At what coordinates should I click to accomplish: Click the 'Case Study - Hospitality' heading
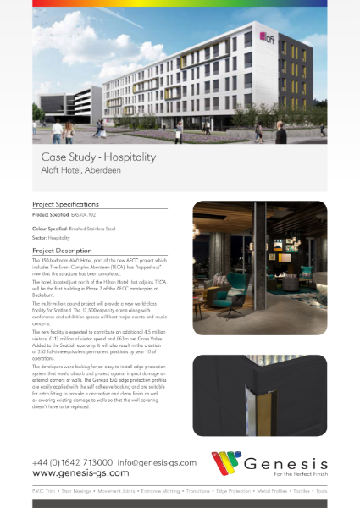point(99,157)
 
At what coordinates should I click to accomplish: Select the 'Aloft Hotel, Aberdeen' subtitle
point(80,171)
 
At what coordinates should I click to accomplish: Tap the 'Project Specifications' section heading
point(66,205)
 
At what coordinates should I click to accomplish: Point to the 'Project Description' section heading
point(62,251)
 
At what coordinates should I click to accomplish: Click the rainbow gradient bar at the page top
point(180,3)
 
